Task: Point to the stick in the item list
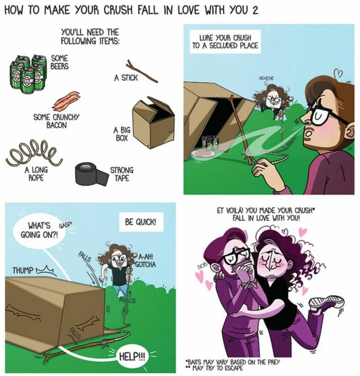coord(141,70)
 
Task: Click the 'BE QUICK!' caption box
coord(140,223)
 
